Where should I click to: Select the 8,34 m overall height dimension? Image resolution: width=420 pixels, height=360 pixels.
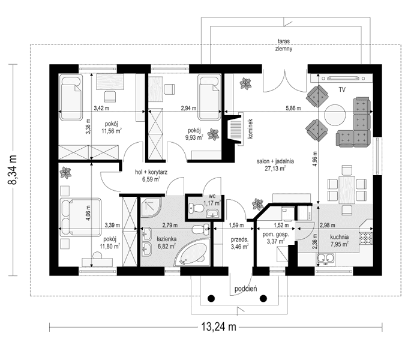click(x=13, y=169)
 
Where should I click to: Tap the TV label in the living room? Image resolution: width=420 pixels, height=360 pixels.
click(x=342, y=89)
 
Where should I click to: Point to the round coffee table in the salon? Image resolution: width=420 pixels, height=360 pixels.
click(x=335, y=114)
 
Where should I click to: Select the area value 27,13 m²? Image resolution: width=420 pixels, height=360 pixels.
click(x=271, y=169)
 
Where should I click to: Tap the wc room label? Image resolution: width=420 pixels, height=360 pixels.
click(x=212, y=196)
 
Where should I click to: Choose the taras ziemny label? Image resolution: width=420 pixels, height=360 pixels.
click(x=284, y=46)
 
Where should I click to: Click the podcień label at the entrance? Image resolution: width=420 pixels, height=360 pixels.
click(x=246, y=289)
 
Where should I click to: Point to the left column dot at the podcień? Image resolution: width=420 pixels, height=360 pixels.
click(x=211, y=298)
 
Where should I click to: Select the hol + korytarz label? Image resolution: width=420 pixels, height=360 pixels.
click(x=150, y=171)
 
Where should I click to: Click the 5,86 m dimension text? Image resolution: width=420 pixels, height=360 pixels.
click(x=293, y=109)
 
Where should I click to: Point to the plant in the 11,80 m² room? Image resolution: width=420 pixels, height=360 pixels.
click(x=66, y=173)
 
